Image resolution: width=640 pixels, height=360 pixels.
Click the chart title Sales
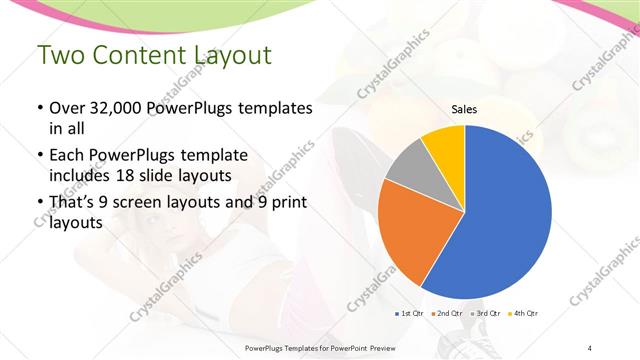[464, 108]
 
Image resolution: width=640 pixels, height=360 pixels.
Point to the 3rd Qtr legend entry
[483, 314]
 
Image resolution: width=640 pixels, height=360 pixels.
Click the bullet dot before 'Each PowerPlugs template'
[39, 157]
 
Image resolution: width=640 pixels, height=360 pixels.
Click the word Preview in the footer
[392, 347]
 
